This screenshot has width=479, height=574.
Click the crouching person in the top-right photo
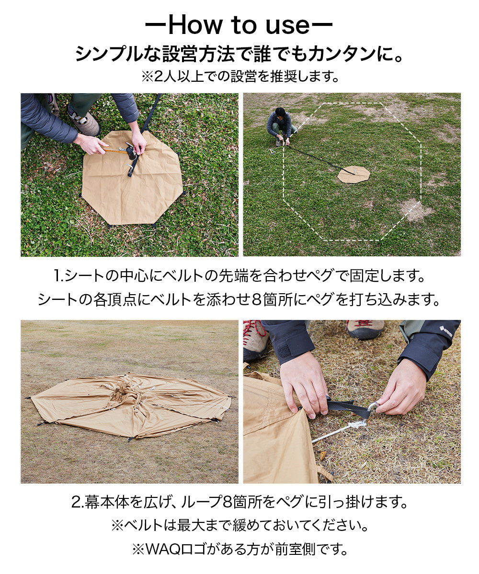point(281,126)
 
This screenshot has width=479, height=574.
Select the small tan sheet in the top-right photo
point(354,174)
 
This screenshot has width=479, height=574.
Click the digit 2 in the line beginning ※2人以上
point(159,77)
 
